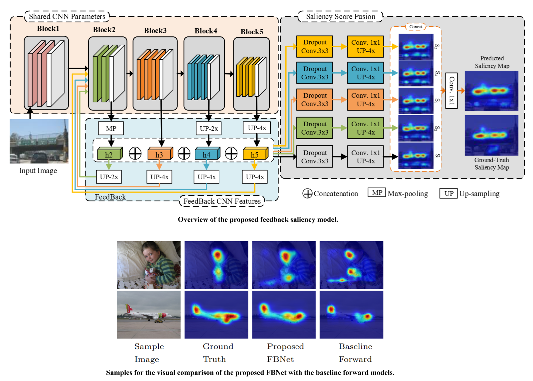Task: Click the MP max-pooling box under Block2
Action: (x=111, y=128)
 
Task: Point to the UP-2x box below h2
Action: (x=109, y=177)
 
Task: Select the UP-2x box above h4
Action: (x=209, y=128)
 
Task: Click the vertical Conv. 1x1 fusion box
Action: (x=451, y=91)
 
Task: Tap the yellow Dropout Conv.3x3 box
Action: (x=315, y=47)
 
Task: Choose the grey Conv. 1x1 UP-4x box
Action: (x=366, y=157)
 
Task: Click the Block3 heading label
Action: (x=155, y=31)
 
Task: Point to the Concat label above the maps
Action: (x=416, y=27)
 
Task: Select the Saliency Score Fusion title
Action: (x=341, y=17)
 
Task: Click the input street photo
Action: (x=39, y=141)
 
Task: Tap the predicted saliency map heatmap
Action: (x=491, y=91)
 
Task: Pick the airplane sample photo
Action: (x=149, y=315)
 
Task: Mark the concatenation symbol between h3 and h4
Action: (x=184, y=153)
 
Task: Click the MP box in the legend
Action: (x=377, y=193)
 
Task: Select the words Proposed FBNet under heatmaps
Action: (x=285, y=353)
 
